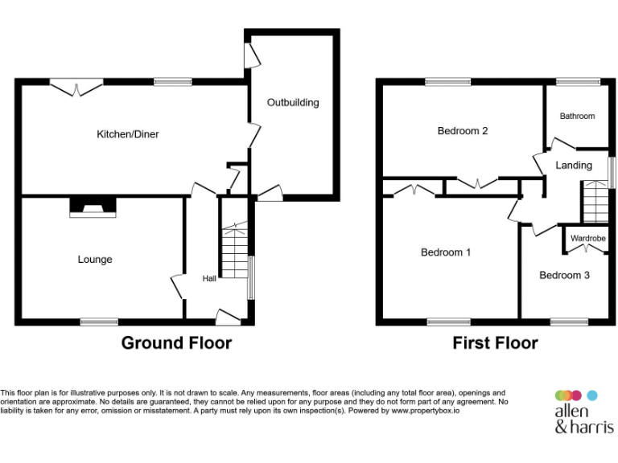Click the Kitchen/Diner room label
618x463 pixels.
coord(128,134)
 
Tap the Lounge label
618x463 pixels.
coord(95,260)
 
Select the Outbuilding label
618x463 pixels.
coord(293,103)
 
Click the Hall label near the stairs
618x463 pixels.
coord(209,278)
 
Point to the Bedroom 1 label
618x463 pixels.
coord(446,252)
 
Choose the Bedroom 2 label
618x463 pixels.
coord(463,131)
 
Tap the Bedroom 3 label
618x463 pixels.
coord(564,276)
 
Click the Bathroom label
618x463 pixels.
coord(577,117)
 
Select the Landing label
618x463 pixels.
coord(574,166)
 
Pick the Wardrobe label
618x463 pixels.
coord(587,239)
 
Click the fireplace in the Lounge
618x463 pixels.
coord(93,208)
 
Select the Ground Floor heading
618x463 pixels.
coord(176,343)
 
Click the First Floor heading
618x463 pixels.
coord(495,343)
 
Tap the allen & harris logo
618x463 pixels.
coord(584,411)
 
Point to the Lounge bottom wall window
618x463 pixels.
coord(99,322)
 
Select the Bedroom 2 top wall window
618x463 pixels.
coord(448,81)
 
